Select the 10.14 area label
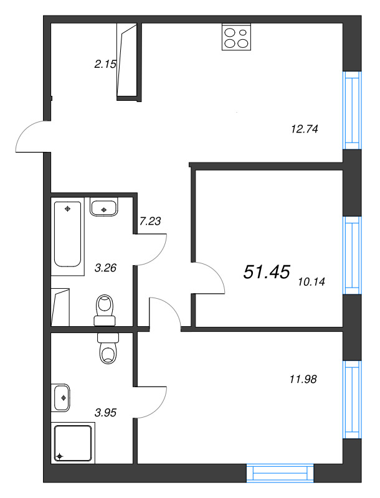312,281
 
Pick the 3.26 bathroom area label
105,268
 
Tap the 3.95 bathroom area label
105,411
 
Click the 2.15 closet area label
105,63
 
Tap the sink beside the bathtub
104,207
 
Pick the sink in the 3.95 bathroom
62,397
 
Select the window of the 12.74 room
352,110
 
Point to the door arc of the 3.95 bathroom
153,404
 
